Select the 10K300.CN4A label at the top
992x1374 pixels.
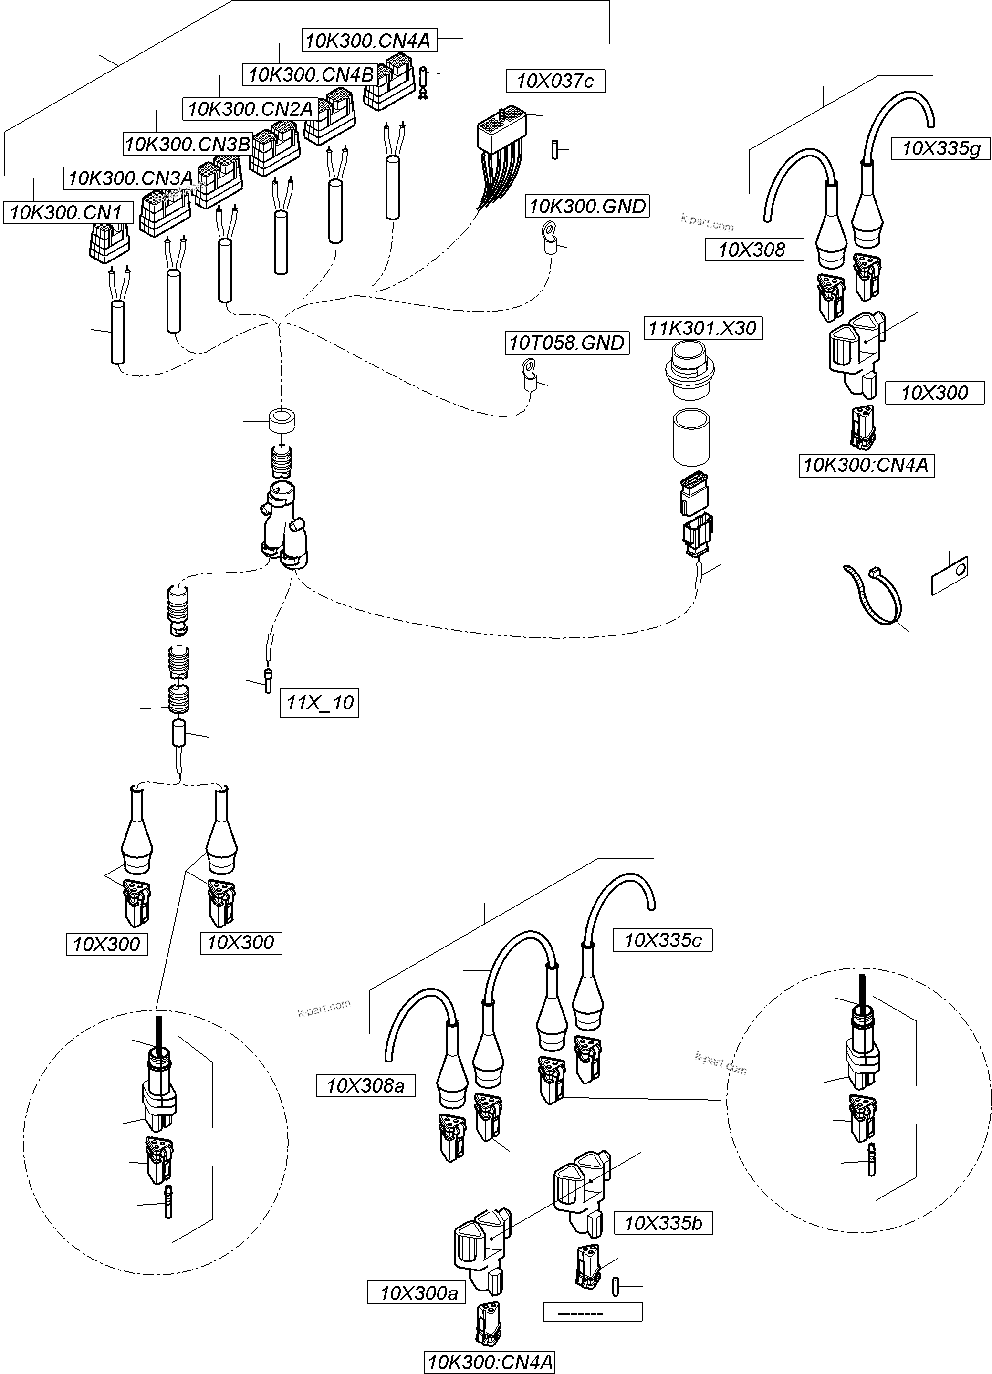[368, 41]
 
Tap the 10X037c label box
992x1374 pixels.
[555, 81]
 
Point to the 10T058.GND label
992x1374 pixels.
[566, 343]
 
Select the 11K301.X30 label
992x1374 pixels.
[702, 328]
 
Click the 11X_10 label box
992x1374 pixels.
[319, 703]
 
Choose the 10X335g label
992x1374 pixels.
[940, 148]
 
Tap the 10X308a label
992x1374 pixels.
[365, 1085]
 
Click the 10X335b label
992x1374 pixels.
[663, 1223]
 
